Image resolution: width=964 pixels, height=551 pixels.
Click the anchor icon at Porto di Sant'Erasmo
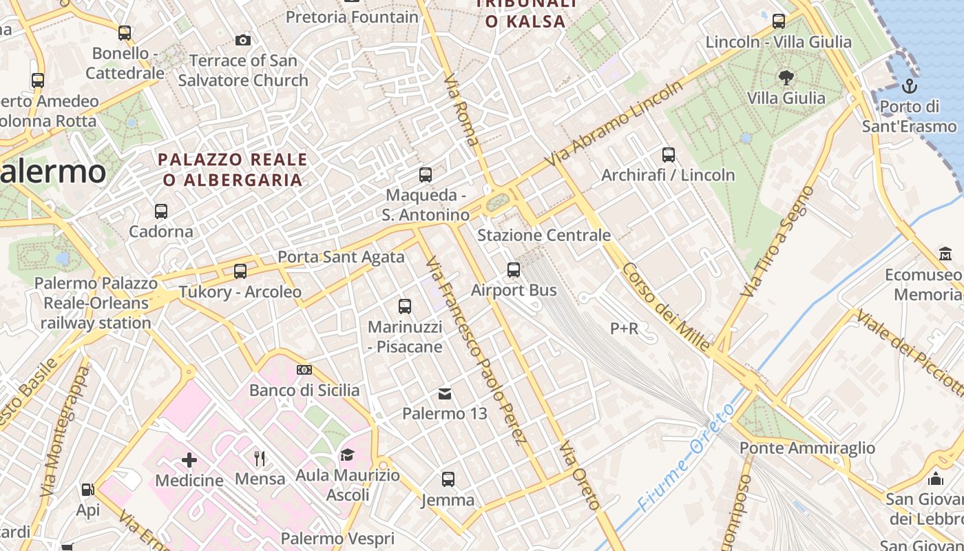pos(910,86)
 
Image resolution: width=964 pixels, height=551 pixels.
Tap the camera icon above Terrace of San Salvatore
pos(243,40)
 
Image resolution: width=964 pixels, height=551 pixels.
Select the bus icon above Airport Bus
pos(514,270)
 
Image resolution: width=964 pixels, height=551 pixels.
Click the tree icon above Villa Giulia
pos(786,77)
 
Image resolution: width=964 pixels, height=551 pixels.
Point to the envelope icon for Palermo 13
pos(445,394)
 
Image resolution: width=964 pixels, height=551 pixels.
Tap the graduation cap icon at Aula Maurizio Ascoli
pos(347,455)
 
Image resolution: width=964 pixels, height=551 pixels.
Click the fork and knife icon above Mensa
pos(260,459)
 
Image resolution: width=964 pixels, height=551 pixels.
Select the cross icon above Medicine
pos(189,460)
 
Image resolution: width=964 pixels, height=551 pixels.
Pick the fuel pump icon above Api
pos(87,490)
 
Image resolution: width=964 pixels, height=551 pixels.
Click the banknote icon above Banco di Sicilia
pos(304,370)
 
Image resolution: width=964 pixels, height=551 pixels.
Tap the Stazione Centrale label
pos(544,236)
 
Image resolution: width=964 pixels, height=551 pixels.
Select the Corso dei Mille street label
pos(665,306)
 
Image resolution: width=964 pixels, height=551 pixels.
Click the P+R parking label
pos(625,329)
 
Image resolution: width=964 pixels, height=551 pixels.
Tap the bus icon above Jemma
pos(448,479)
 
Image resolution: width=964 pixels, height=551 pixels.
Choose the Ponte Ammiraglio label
pos(807,448)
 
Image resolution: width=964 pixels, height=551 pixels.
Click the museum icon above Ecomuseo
pos(945,254)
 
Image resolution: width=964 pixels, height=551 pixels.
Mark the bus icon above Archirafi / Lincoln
pos(668,155)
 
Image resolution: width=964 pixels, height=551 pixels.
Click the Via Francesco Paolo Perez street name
pos(476,351)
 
